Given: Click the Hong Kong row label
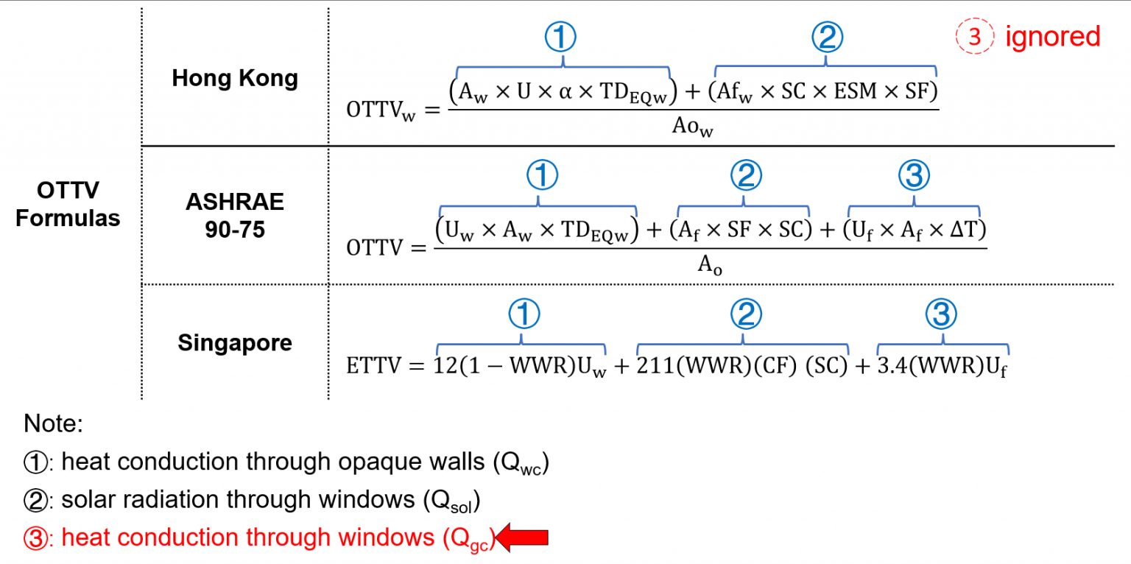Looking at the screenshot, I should coord(235,79).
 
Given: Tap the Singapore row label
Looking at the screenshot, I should coord(235,343).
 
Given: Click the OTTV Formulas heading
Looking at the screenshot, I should coord(68,204).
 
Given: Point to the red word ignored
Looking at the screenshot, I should coord(1053,37).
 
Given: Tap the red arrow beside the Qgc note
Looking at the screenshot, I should coord(524,537).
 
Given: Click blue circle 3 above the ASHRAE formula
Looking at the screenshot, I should coord(915,175).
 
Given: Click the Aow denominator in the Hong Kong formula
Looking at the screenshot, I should coord(693,126).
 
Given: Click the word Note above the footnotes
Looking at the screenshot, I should coord(53,424).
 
